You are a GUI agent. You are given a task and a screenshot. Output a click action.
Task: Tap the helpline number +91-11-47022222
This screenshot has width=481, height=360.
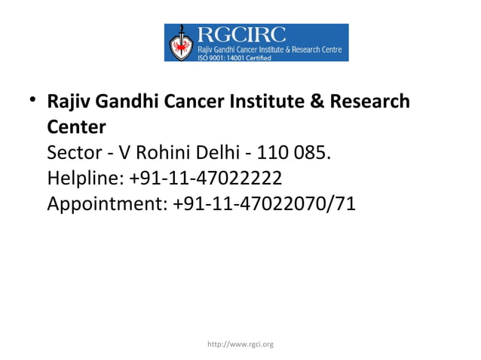click(205, 178)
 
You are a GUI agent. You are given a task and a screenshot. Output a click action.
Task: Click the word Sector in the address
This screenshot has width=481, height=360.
click(70, 153)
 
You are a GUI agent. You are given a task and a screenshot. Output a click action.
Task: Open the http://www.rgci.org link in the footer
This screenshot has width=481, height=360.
click(240, 344)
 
